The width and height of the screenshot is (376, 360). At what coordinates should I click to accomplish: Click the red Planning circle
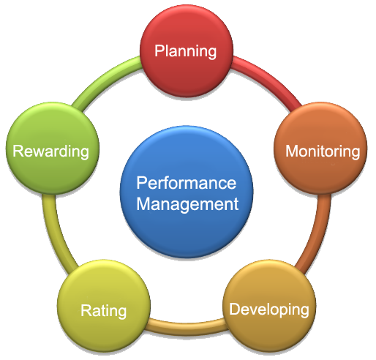point(187,50)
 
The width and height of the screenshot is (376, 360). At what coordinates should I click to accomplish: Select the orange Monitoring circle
point(320,148)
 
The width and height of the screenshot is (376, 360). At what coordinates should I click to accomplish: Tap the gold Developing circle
point(269,306)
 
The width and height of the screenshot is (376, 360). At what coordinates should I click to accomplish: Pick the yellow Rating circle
point(104,306)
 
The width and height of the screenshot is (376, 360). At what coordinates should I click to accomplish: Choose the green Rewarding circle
point(53,148)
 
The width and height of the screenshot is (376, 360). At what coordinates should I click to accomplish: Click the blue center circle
point(187,192)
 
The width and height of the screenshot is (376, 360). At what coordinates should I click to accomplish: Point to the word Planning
point(186,52)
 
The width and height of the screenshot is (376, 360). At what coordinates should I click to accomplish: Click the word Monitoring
point(323,151)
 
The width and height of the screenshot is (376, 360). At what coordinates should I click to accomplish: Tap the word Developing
point(269,310)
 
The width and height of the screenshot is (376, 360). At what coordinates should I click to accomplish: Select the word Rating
point(104,312)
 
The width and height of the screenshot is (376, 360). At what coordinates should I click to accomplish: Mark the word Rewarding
point(50,151)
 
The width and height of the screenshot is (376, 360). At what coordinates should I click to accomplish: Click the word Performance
point(187,183)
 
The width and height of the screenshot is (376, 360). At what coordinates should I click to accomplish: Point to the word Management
point(187,204)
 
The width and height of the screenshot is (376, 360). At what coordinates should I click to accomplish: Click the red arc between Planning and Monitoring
point(268,78)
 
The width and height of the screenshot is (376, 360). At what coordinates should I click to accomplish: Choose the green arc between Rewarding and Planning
point(105,78)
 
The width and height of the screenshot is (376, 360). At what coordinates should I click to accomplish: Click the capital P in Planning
point(160,50)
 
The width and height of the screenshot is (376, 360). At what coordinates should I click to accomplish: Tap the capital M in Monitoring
point(292,151)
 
